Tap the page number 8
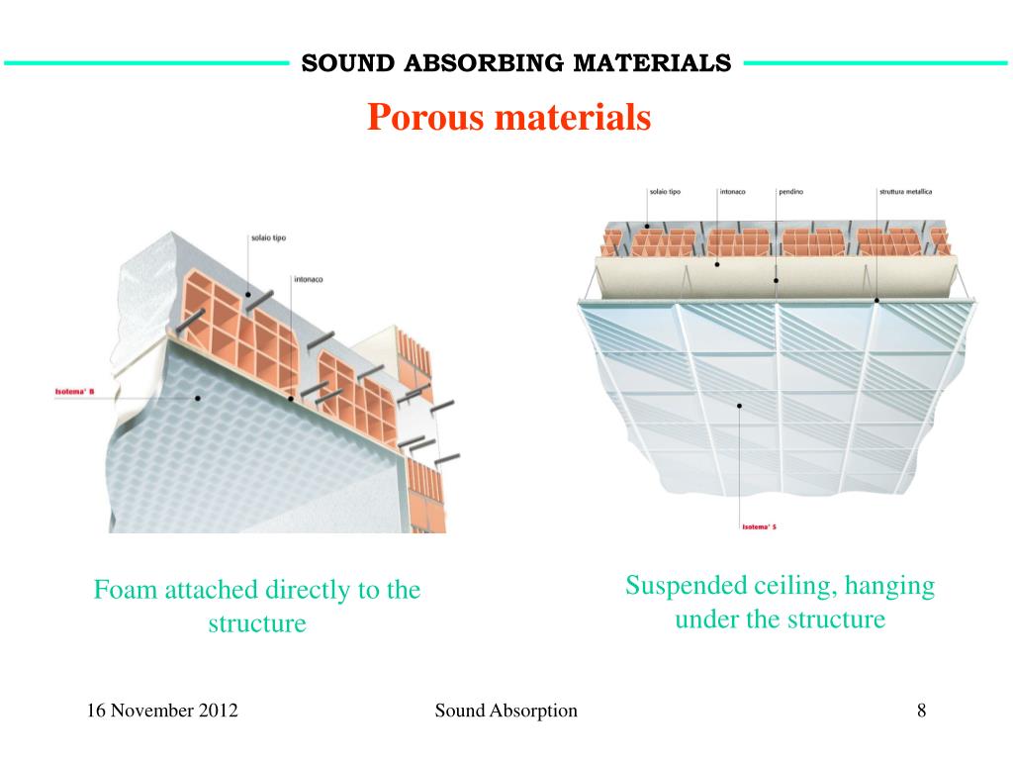[x=921, y=711]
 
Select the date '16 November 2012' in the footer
[x=162, y=711]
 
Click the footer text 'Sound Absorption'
[x=506, y=711]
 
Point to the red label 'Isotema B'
[x=73, y=393]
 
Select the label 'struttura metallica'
[x=905, y=191]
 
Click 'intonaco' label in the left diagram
[x=308, y=279]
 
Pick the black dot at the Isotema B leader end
[x=198, y=398]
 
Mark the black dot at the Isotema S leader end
[x=740, y=406]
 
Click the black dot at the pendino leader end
[x=777, y=280]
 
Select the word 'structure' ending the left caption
[x=257, y=624]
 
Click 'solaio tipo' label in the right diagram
[x=665, y=191]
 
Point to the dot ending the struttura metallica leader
[x=877, y=299]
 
